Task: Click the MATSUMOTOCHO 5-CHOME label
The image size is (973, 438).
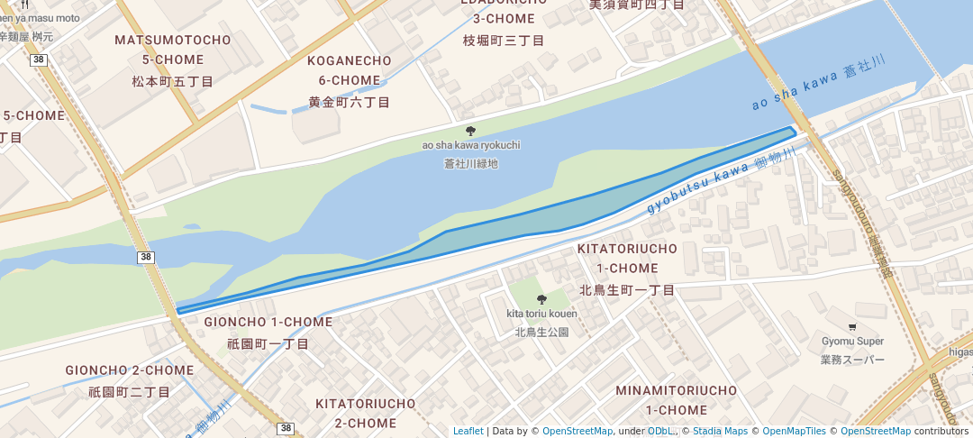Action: [172, 50]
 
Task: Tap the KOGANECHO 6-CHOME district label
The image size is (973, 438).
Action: [350, 70]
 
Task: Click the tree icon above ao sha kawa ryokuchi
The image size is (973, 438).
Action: [470, 131]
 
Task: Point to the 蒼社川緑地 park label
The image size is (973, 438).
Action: [470, 164]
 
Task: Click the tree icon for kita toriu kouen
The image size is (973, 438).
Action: [541, 299]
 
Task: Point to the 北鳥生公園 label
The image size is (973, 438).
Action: [541, 332]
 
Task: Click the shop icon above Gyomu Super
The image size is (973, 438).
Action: [852, 326]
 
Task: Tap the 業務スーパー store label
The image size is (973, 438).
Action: [852, 360]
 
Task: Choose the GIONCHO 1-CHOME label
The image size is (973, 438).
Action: [268, 322]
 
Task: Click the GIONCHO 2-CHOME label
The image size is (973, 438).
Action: [129, 370]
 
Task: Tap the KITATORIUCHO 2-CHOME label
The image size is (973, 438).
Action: [366, 413]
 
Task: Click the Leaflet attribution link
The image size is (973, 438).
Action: [468, 432]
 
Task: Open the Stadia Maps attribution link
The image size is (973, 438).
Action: [719, 432]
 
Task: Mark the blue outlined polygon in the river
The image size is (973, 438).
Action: [505, 230]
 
